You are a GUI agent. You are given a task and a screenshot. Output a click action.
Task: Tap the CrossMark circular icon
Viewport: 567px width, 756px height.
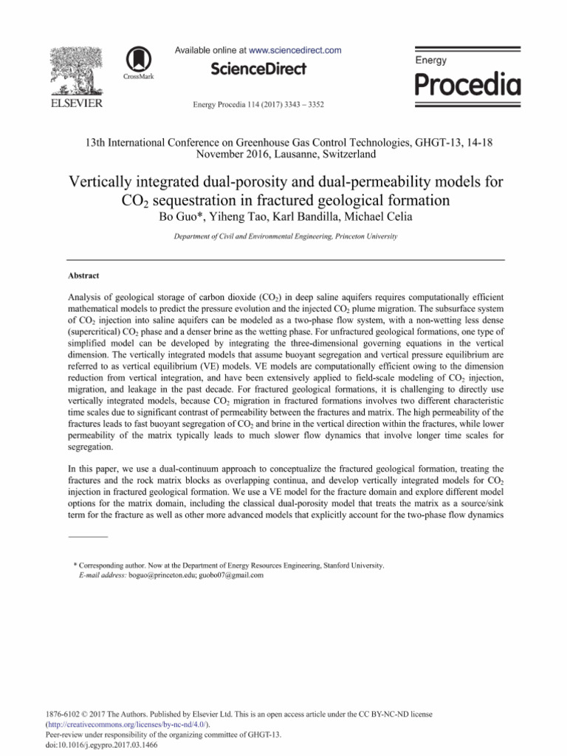pos(137,59)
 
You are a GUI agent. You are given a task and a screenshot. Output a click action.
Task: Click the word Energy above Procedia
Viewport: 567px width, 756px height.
pos(432,59)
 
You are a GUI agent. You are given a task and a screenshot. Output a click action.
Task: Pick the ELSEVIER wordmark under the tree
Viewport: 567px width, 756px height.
pos(75,103)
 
